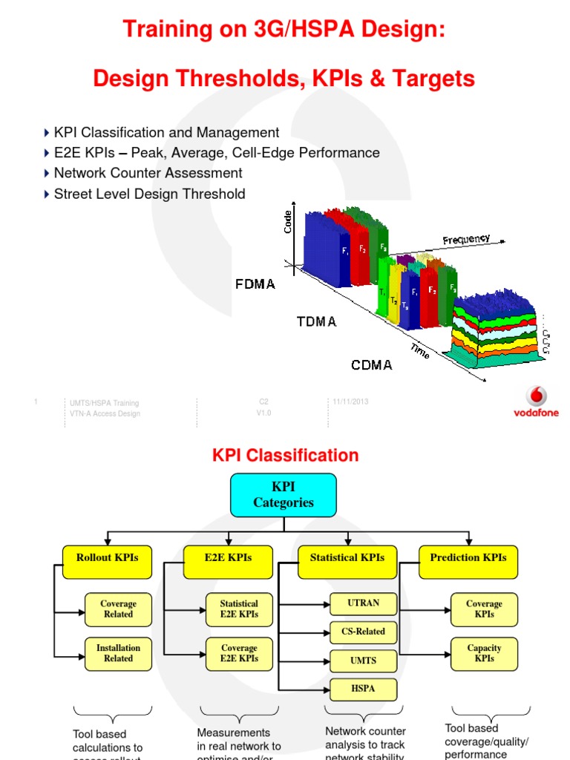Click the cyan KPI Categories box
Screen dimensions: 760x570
click(x=284, y=495)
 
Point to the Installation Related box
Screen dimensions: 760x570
click(x=118, y=653)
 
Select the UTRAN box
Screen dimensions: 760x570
click(x=363, y=603)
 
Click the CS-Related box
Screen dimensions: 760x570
click(x=363, y=632)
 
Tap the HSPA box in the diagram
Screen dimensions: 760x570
click(x=363, y=689)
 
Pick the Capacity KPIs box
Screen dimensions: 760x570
click(x=484, y=653)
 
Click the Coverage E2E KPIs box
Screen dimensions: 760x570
click(x=239, y=653)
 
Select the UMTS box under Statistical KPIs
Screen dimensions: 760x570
click(x=363, y=661)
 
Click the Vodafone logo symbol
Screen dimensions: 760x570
click(x=536, y=396)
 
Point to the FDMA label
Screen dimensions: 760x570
click(x=255, y=284)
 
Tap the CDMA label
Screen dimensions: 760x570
click(x=372, y=365)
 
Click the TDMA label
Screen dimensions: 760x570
click(x=316, y=322)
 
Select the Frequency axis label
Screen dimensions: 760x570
click(x=466, y=239)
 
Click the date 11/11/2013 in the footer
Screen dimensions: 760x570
click(x=350, y=402)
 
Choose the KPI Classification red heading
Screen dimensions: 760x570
click(x=285, y=456)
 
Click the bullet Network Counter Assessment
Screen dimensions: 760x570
click(x=148, y=173)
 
